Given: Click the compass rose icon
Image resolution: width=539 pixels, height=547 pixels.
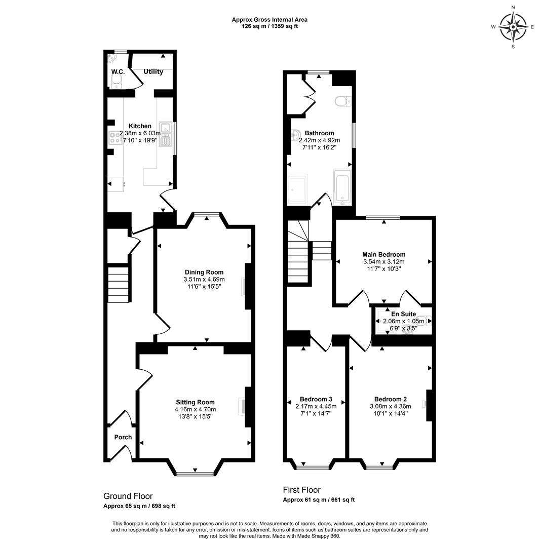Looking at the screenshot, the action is tap(513, 27).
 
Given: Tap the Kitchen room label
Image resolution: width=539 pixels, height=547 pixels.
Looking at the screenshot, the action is tap(140, 126).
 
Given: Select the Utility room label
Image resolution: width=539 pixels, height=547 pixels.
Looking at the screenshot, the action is tap(153, 71).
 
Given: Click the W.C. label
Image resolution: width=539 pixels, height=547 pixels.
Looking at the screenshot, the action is tap(118, 71).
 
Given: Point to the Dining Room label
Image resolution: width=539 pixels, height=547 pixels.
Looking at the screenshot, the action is tap(204, 272).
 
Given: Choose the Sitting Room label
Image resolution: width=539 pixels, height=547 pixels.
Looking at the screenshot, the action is tap(195, 402).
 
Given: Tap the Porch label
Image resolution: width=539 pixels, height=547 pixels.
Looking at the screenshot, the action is tap(123, 437).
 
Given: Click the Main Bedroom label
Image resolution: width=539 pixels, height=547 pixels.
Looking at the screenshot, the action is tap(384, 254).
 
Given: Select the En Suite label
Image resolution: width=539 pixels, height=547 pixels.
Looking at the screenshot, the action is tap(403, 314).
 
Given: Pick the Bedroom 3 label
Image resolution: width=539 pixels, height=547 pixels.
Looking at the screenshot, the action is tap(316, 399).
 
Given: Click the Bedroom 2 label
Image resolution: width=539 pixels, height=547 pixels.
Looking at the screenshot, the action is tap(391, 399).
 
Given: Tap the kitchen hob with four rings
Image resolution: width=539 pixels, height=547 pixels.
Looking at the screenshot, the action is tap(115, 137).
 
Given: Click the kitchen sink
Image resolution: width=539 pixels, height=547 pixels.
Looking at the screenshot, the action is tap(165, 134).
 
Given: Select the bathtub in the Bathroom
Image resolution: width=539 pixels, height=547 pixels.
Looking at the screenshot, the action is tap(342, 187).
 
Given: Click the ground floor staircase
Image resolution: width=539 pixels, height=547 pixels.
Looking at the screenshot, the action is tap(118, 284).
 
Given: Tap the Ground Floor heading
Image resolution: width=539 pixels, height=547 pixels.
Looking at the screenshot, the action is tap(128, 496).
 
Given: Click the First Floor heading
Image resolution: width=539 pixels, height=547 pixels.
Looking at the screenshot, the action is tap(301, 490).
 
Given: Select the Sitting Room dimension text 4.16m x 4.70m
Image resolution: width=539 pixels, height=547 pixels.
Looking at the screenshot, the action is tap(195, 409).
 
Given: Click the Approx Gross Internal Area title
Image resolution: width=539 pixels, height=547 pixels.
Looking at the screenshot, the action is tap(269, 20).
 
